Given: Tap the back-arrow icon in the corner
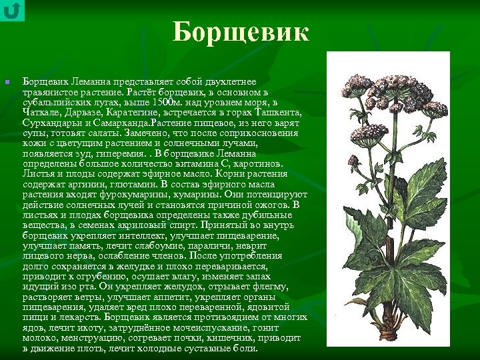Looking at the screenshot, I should point(12,11).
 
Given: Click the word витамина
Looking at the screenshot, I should point(200,163).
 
